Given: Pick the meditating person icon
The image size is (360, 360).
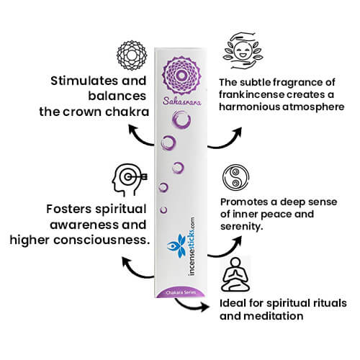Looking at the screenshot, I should click(236, 276).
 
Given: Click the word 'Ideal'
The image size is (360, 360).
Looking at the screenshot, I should click(232, 302).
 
